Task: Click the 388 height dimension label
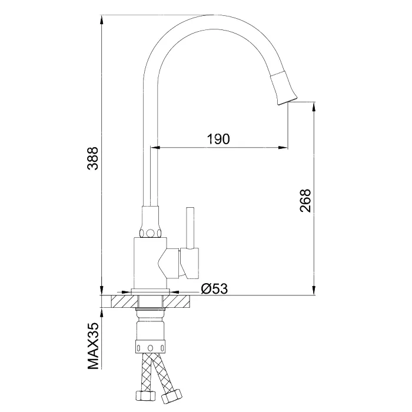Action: click(x=93, y=158)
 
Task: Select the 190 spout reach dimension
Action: click(x=218, y=139)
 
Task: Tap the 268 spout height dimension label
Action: click(x=305, y=201)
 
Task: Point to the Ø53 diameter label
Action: click(x=214, y=289)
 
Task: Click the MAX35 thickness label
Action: click(x=93, y=346)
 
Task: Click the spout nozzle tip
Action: click(x=287, y=101)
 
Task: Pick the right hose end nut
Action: click(x=172, y=396)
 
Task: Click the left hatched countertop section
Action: click(x=125, y=301)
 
